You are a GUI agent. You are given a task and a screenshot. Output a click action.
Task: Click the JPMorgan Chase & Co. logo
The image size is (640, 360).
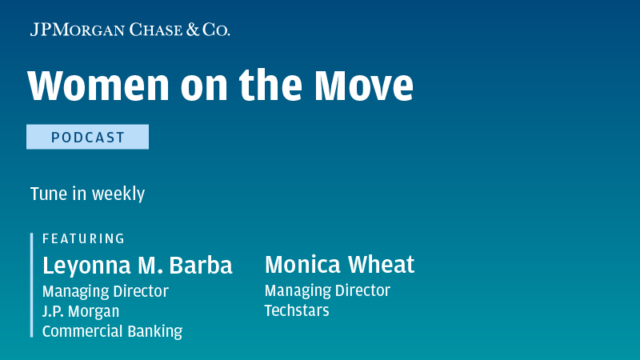tap(130, 30)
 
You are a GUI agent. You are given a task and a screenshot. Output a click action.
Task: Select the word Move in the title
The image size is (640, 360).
tap(364, 86)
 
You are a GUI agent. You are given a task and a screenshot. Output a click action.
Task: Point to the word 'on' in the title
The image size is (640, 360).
tap(204, 89)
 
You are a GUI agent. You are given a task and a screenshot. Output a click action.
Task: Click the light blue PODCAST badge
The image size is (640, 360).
tap(87, 137)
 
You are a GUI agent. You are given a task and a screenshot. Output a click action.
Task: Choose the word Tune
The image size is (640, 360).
tap(49, 194)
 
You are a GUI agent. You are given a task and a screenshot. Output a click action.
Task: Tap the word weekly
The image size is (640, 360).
tap(118, 194)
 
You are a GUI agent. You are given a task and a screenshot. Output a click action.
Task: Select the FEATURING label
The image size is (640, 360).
tap(84, 238)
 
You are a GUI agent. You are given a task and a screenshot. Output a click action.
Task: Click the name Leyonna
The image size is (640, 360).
tap(87, 266)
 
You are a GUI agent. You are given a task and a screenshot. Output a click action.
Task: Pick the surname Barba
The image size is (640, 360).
tap(201, 266)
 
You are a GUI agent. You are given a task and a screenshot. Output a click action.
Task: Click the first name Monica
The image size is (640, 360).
tap(303, 265)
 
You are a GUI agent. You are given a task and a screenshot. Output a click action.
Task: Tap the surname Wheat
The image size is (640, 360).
tap(382, 265)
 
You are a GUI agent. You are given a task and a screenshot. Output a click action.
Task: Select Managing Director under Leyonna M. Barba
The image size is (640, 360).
tap(106, 292)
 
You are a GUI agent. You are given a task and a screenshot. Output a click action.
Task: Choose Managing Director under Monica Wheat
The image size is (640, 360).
tap(327, 291)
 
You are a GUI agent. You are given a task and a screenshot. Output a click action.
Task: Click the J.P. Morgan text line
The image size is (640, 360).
tap(81, 311)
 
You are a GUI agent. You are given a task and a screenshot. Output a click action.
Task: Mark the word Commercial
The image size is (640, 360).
tap(83, 331)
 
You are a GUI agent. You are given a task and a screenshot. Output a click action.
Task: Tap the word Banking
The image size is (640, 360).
tap(155, 332)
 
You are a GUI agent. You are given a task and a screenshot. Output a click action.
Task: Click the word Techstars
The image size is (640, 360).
tap(297, 310)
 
